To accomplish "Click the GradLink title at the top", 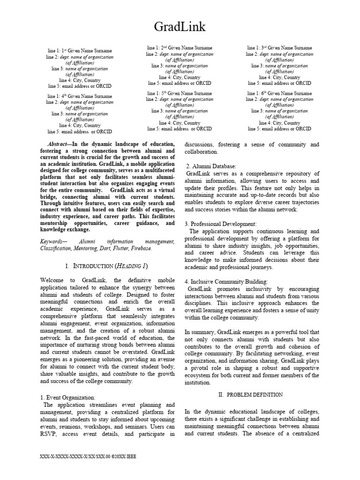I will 180,27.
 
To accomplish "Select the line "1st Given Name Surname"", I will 80,50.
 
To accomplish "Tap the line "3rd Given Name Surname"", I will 280,48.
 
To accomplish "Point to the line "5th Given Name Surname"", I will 180,93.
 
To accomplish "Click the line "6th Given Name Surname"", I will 280,93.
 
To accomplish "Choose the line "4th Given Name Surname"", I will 80,96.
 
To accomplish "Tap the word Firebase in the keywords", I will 141,248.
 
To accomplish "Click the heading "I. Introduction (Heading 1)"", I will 107,266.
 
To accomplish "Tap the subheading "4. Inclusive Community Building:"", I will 226,282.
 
